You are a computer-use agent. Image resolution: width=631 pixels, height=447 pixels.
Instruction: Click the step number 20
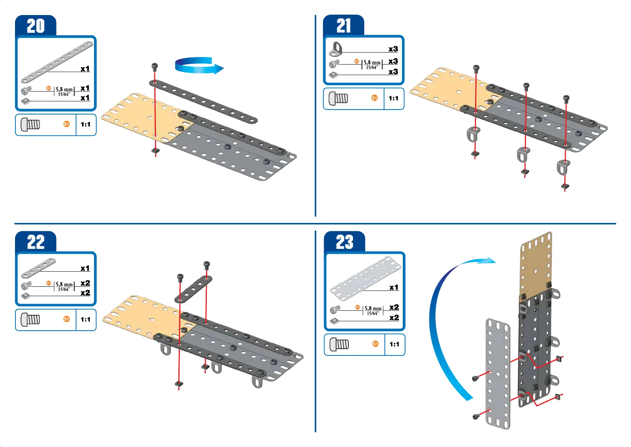pyautogui.click(x=36, y=26)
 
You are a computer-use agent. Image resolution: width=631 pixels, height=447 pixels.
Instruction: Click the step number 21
pyautogui.click(x=344, y=26)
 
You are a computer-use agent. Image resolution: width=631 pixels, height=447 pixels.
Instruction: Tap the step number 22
pyautogui.click(x=36, y=242)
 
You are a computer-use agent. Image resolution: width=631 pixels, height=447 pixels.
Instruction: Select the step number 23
pyautogui.click(x=344, y=242)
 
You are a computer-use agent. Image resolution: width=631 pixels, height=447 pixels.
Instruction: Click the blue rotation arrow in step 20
pyautogui.click(x=199, y=66)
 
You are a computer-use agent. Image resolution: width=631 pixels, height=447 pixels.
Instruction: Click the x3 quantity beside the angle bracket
pyautogui.click(x=393, y=49)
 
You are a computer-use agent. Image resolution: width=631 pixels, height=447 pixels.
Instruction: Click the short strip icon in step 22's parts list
pyautogui.click(x=38, y=268)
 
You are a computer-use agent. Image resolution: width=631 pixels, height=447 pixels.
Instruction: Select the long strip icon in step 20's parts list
pyautogui.click(x=57, y=62)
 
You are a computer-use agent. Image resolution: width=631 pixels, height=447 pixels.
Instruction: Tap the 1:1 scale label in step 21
pyautogui.click(x=393, y=98)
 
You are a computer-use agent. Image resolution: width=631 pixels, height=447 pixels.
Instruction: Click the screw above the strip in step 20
pyautogui.click(x=154, y=67)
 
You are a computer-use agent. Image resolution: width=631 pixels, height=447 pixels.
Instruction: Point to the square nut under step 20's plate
pyautogui.click(x=156, y=151)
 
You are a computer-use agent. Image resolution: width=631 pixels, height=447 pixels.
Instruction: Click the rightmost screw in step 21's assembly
pyautogui.click(x=566, y=99)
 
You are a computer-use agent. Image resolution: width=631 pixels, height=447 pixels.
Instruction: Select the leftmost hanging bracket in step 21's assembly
pyautogui.click(x=474, y=134)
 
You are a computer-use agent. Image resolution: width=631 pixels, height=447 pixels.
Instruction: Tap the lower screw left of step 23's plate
pyautogui.click(x=475, y=416)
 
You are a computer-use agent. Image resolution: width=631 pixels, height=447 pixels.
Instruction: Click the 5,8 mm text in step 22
pyautogui.click(x=64, y=284)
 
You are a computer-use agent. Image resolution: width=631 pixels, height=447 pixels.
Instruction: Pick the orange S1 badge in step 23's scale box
pyautogui.click(x=375, y=344)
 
